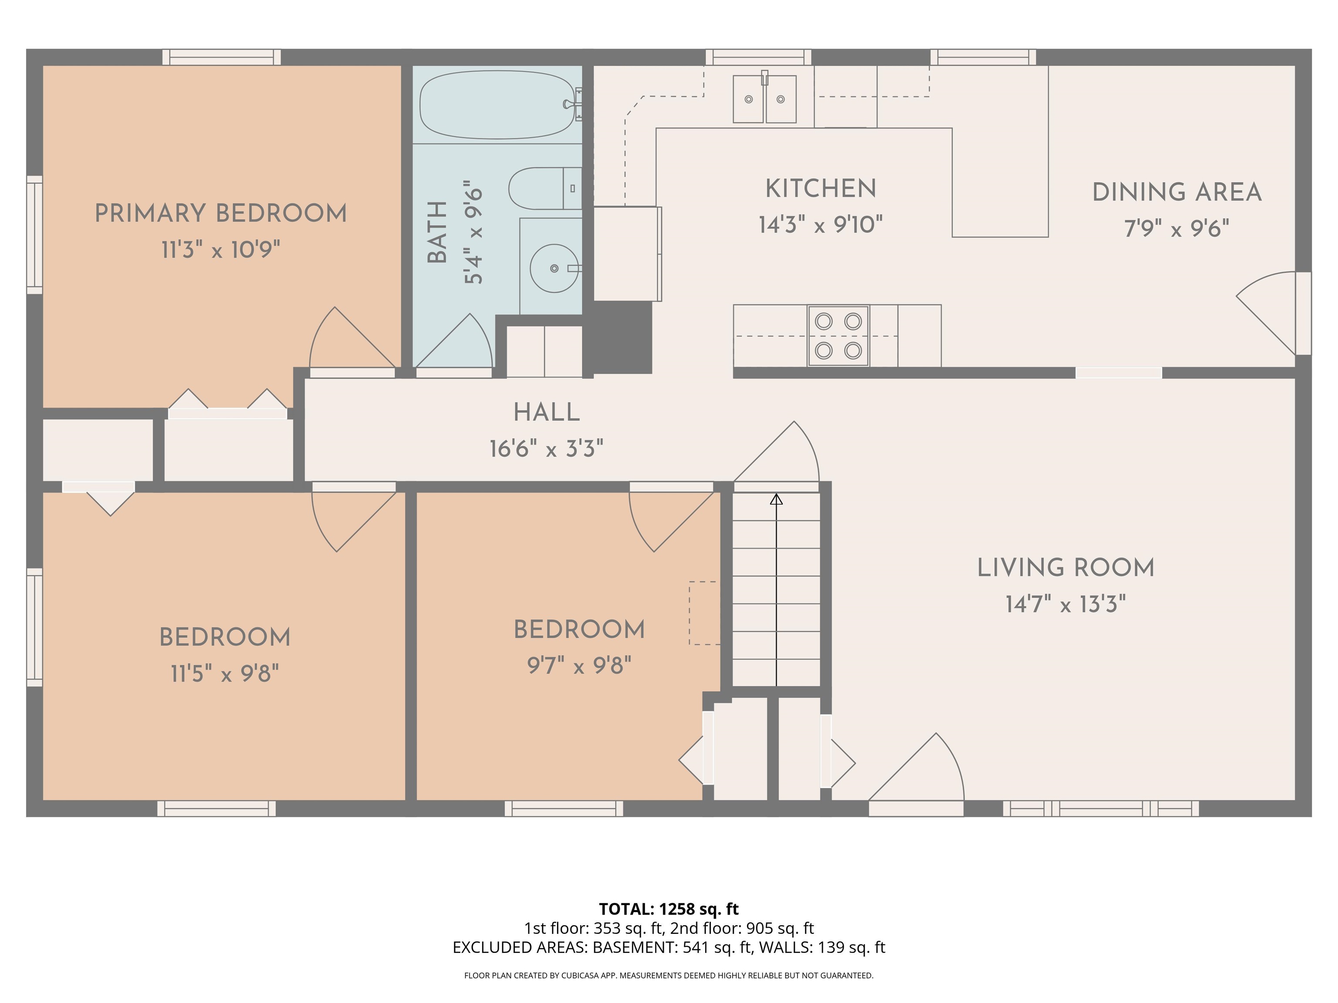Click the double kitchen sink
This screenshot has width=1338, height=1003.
click(764, 98)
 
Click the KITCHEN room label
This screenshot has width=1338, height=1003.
click(821, 188)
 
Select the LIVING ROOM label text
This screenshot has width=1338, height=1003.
click(1066, 568)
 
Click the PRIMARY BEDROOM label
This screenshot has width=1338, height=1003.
click(221, 213)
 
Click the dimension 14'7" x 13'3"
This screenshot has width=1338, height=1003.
click(1066, 604)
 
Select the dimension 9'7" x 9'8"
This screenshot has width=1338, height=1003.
click(579, 666)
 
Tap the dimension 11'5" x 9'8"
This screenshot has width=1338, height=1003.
click(225, 673)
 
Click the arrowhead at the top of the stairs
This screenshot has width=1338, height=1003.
click(777, 499)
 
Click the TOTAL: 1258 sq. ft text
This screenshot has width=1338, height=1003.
click(669, 909)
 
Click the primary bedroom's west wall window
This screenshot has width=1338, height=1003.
click(34, 235)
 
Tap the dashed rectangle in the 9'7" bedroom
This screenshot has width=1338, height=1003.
click(704, 613)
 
